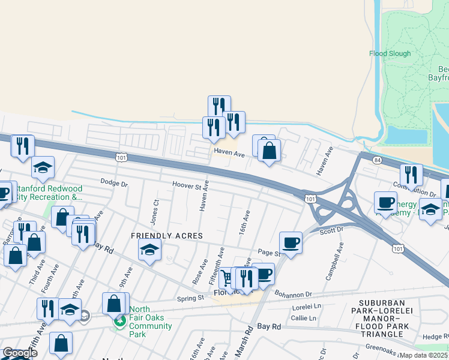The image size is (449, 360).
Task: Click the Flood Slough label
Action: (390, 53)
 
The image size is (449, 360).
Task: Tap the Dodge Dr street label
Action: (114, 183)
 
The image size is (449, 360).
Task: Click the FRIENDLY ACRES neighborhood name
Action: (167, 236)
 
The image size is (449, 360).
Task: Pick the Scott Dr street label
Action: (331, 230)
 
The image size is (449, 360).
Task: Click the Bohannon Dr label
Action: (294, 295)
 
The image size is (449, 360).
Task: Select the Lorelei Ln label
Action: (307, 307)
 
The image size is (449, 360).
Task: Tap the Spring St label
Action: (191, 298)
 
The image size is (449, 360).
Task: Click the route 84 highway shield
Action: (376, 160)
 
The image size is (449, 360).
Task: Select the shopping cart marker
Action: (227, 277)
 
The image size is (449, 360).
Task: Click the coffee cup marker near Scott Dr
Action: (291, 242)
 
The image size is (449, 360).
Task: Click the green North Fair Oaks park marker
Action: (120, 321)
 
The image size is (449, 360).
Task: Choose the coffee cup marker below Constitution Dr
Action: (385, 202)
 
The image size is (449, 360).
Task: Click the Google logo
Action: (19, 353)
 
